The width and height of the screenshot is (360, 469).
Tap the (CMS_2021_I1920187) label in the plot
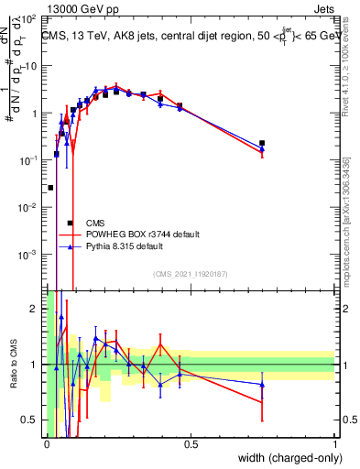point(190,274)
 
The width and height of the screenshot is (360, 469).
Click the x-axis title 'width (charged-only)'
point(286,459)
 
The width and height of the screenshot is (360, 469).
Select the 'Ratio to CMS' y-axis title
point(12,365)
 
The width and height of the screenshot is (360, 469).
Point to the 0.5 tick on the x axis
point(191,444)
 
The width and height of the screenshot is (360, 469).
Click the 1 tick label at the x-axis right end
point(335,444)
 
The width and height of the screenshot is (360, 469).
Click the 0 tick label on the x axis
point(47,444)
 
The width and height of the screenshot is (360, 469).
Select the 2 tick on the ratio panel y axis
point(36,308)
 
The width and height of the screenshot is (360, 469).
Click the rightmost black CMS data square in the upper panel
point(262,143)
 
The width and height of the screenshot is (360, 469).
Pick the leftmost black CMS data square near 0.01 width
point(50,187)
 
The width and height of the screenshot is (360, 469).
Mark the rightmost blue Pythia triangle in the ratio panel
point(262,385)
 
